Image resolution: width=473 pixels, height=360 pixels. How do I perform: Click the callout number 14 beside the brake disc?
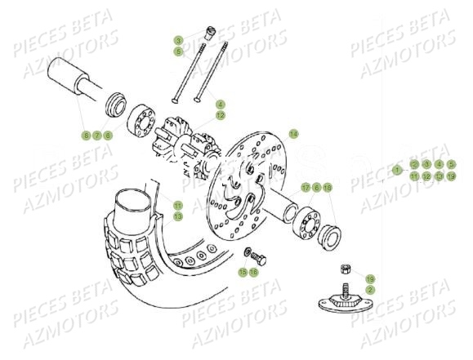pyautogui.click(x=293, y=133)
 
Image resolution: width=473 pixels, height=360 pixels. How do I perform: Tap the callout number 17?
pyautogui.click(x=306, y=188)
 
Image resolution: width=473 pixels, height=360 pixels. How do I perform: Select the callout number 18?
pyautogui.click(x=328, y=188)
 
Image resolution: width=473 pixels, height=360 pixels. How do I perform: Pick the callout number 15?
pyautogui.click(x=243, y=271)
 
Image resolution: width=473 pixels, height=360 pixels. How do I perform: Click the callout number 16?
pyautogui.click(x=254, y=271)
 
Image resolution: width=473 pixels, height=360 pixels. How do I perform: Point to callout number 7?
pyautogui.click(x=96, y=135)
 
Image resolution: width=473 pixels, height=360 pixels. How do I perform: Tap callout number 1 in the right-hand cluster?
pyautogui.click(x=397, y=171)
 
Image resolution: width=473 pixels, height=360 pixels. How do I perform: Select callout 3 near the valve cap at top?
pyautogui.click(x=178, y=40)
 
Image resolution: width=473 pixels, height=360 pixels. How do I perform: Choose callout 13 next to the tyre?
pyautogui.click(x=178, y=216)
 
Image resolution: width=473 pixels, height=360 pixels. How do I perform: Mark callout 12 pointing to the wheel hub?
pyautogui.click(x=220, y=116)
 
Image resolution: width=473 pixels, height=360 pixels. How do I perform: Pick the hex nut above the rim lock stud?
pyautogui.click(x=346, y=269)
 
